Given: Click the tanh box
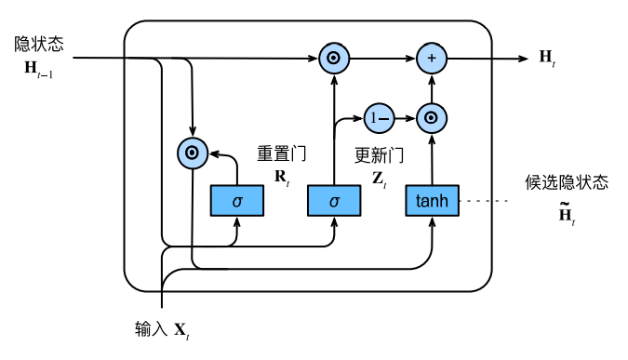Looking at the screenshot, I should [432, 200].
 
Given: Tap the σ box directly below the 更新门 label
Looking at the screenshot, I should [334, 200].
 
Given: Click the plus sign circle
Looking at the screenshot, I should [432, 59].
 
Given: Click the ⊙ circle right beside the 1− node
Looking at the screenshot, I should [432, 117].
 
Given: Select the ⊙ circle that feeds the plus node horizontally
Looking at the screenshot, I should [333, 59].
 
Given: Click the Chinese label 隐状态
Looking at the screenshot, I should [38, 44].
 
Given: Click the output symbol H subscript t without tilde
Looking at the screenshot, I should [547, 59].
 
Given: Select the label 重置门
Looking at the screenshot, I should [281, 153].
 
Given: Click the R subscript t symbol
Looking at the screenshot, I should [280, 177].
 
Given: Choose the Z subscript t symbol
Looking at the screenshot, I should [379, 177].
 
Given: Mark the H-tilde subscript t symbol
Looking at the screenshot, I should [566, 216].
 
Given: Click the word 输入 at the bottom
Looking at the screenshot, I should [151, 328].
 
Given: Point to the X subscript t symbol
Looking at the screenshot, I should [182, 330].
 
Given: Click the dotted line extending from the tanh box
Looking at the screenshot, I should [484, 200].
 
